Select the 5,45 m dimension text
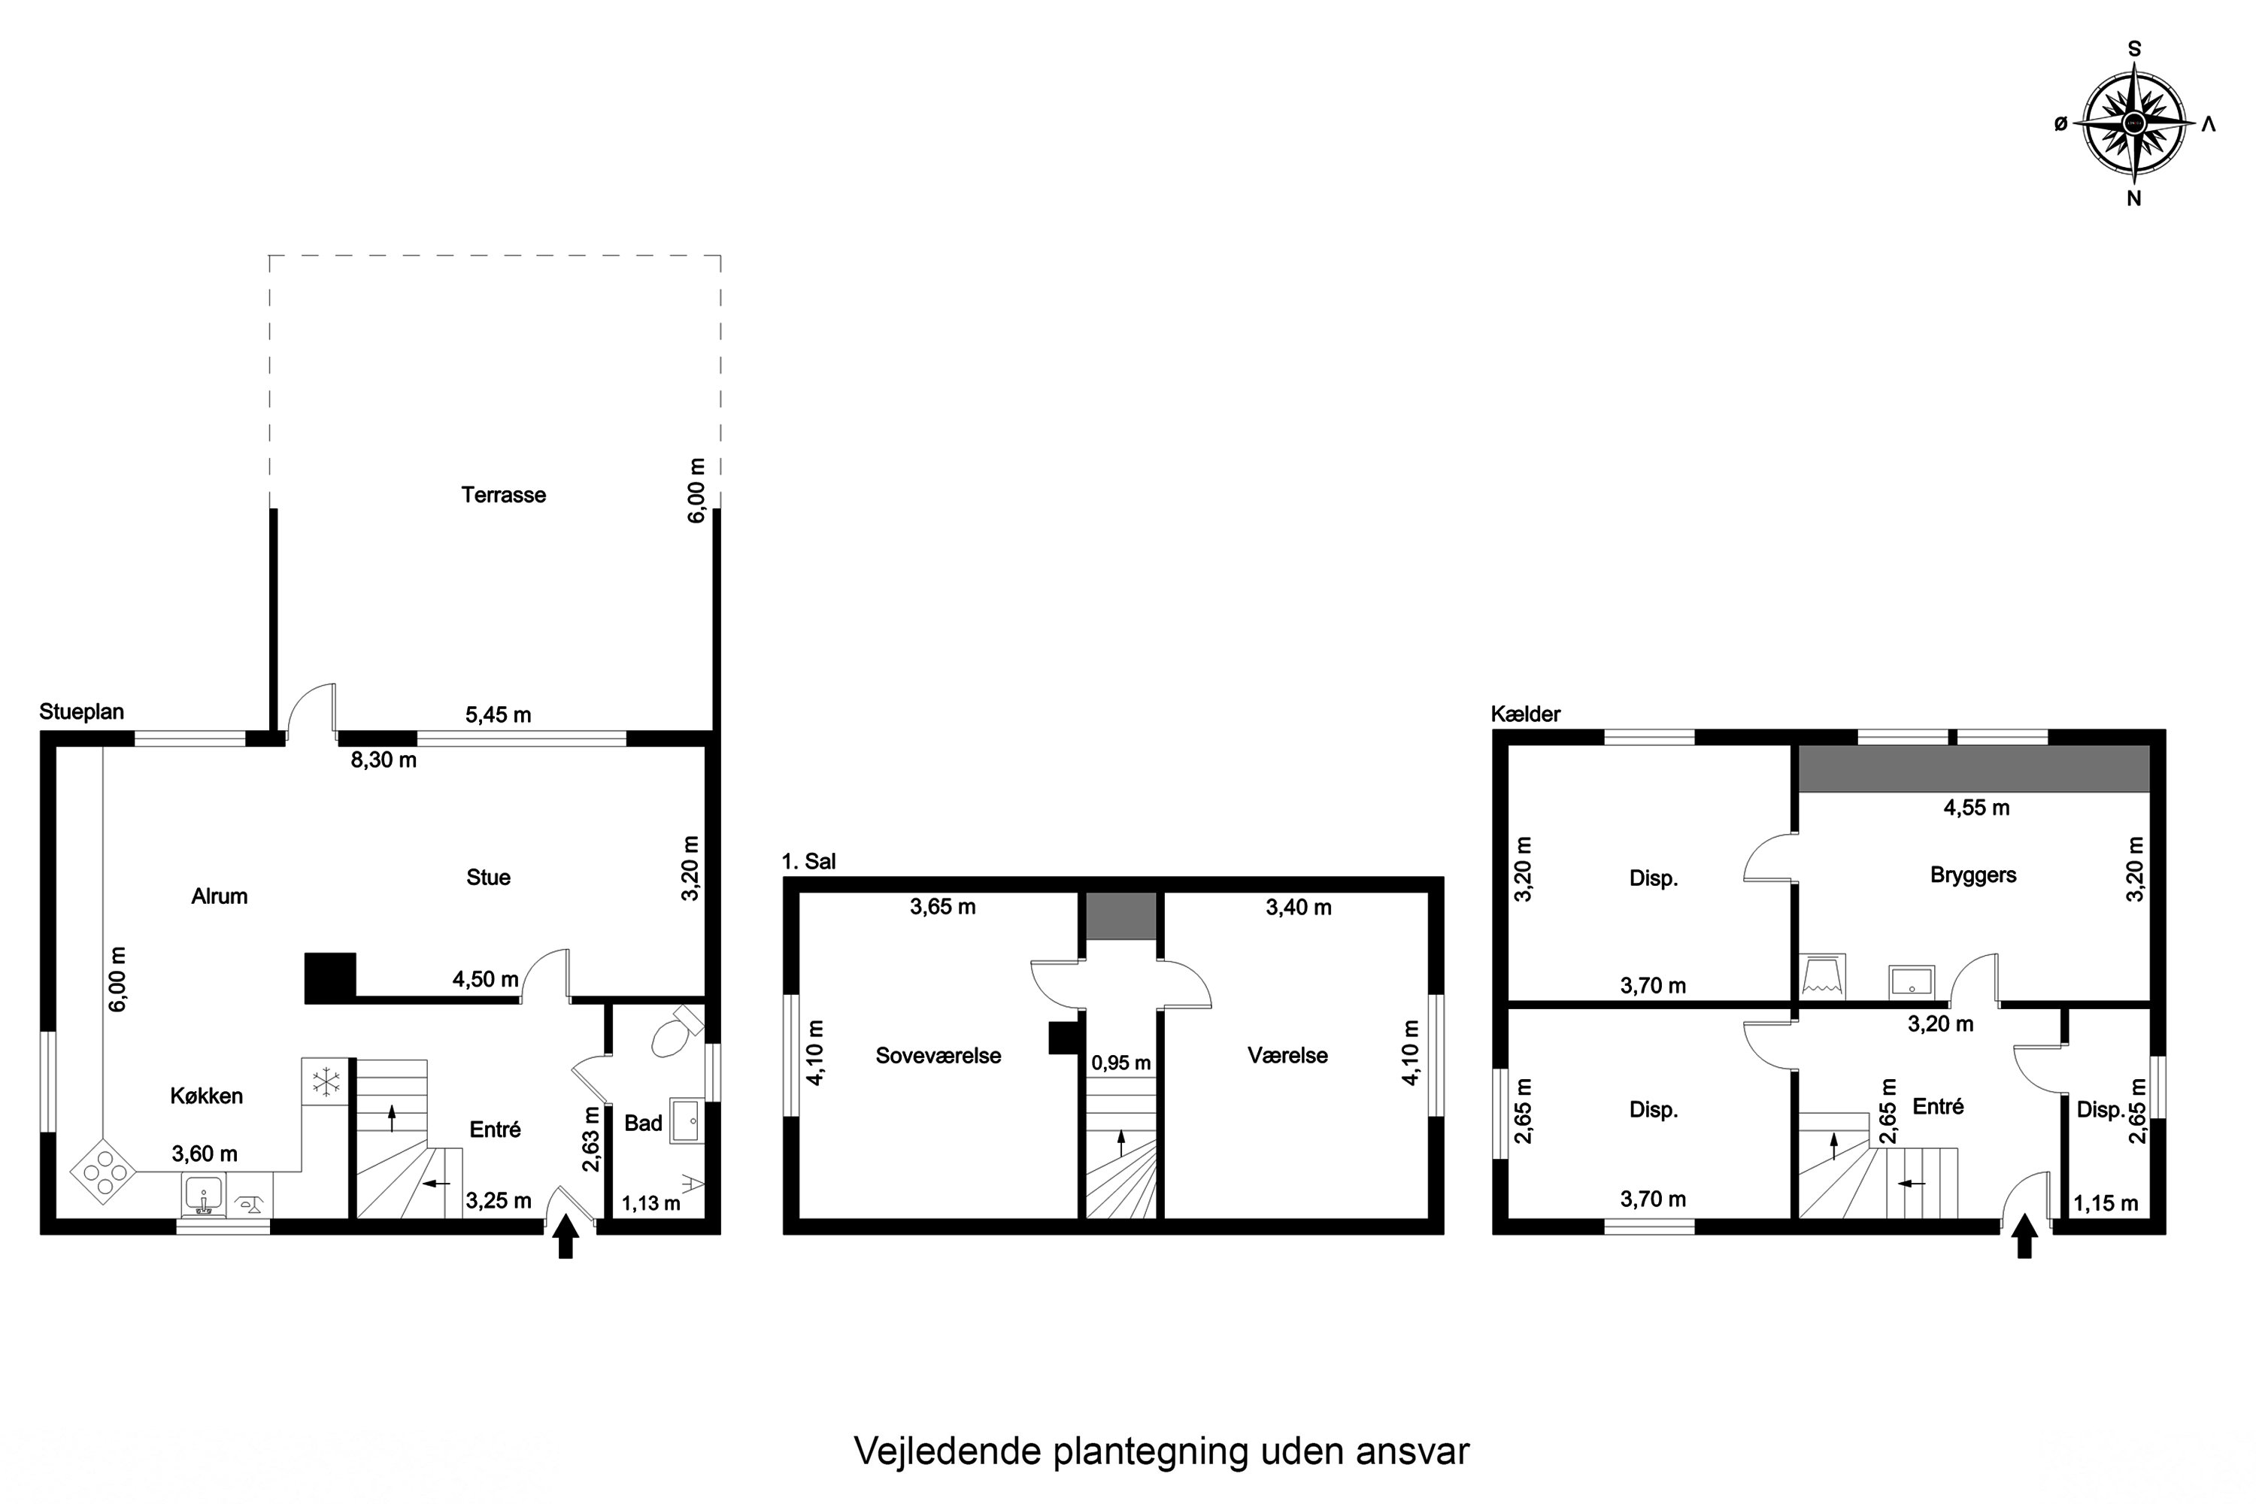(498, 714)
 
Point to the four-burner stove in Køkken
(102, 1170)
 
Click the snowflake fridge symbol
(327, 1082)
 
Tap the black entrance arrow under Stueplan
(566, 1236)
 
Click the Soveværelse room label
(937, 1056)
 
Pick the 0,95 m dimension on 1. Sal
(1120, 1063)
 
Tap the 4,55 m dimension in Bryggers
(1976, 808)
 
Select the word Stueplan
(81, 711)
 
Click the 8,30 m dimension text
(383, 760)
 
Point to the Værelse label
(1287, 1056)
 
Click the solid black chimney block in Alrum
(330, 978)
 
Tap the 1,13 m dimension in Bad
(650, 1202)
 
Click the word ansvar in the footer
(1412, 1451)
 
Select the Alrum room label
(219, 896)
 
